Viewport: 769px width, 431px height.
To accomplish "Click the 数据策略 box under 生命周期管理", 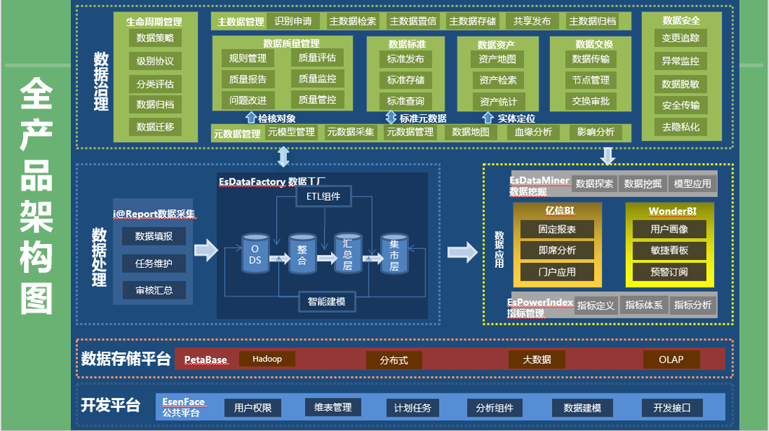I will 155,38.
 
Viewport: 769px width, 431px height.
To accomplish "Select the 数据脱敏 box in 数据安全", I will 680,84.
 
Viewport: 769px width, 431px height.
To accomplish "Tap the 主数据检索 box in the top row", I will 353,21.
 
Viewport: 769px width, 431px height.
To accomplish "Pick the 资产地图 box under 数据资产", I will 497,59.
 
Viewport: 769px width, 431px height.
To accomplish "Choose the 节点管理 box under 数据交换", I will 590,80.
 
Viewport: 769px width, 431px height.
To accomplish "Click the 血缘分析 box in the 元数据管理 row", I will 533,132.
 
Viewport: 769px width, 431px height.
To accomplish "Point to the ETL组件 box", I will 323,196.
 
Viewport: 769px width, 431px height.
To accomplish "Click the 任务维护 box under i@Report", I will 153,264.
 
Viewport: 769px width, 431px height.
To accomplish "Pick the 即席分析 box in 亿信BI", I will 557,251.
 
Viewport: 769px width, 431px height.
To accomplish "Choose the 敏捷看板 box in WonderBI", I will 669,251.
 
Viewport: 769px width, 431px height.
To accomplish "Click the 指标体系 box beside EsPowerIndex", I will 643,305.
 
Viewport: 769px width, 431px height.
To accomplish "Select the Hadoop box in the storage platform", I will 267,359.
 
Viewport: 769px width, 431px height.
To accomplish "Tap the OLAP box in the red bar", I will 671,359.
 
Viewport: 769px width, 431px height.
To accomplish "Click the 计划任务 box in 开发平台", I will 412,408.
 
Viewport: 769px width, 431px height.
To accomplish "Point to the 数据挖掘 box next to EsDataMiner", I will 642,183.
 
